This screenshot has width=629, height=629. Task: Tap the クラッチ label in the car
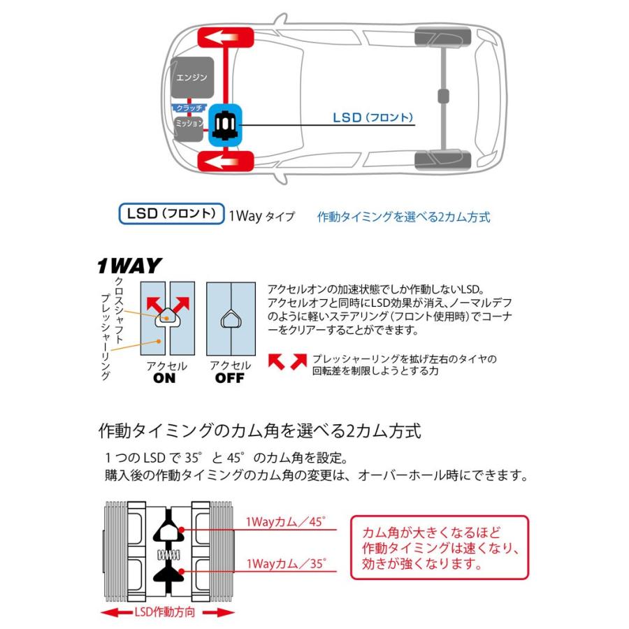pyautogui.click(x=189, y=108)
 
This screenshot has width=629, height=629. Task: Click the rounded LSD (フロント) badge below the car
pyautogui.click(x=171, y=214)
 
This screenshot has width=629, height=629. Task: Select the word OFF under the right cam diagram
pyautogui.click(x=229, y=378)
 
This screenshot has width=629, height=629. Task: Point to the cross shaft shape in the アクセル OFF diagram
pyautogui.click(x=230, y=319)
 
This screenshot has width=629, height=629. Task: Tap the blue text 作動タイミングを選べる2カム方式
pyautogui.click(x=403, y=217)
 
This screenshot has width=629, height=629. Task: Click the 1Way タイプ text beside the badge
pyautogui.click(x=262, y=217)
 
